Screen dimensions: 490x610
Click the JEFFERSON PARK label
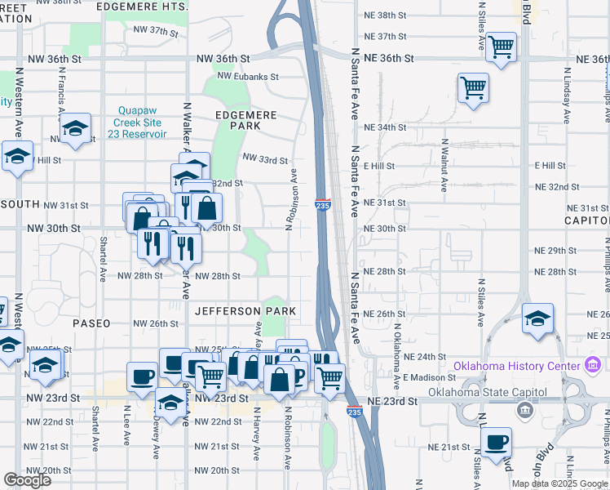coord(245,311)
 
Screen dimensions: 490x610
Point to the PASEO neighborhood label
coord(91,323)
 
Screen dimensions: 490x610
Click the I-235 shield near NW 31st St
coord(322,207)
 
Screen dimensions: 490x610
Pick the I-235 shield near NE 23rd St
coord(355,412)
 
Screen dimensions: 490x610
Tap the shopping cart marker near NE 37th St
coord(501,47)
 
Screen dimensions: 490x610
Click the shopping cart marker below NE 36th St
coord(473,87)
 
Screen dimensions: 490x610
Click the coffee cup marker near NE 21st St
coord(496,443)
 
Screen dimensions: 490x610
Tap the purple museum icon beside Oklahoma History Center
coord(594,365)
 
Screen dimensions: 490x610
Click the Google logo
coord(28,480)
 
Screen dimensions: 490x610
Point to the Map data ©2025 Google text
coord(559,483)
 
